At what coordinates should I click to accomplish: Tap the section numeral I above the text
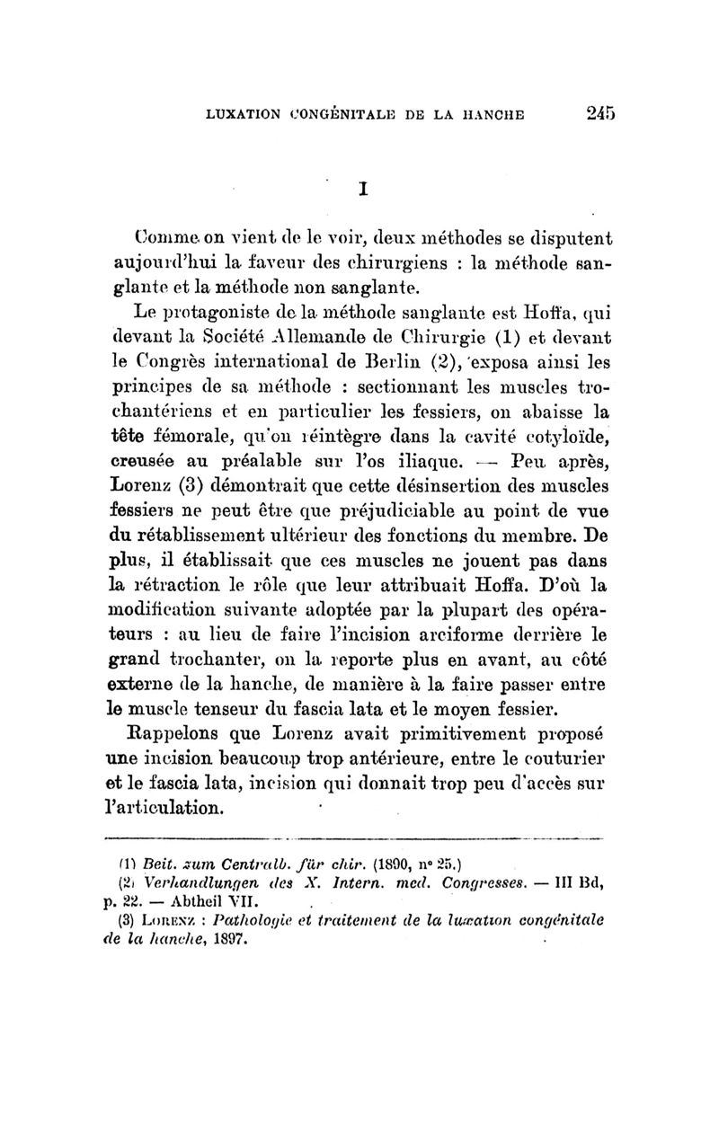point(364,190)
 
